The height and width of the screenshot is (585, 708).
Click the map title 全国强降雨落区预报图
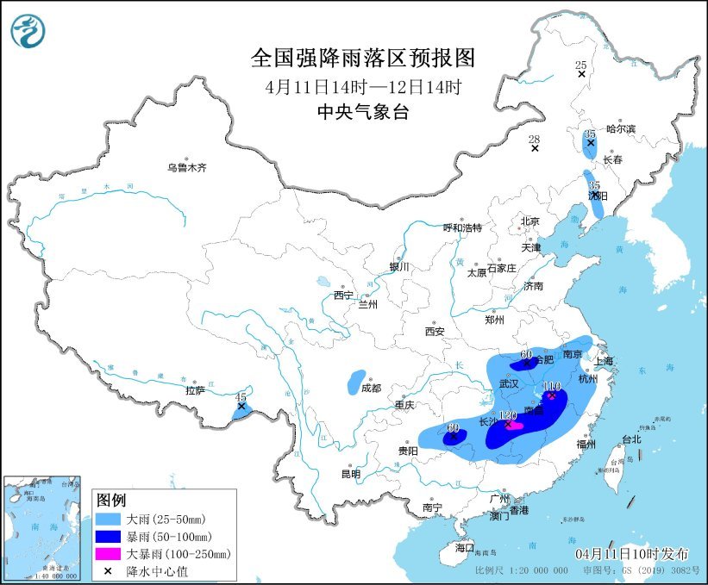coord(362,58)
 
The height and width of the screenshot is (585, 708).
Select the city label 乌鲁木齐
coord(187,167)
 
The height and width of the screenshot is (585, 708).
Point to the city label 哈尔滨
coord(620,128)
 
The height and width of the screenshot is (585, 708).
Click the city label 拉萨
coord(195,390)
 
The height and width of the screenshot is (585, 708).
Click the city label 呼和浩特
coord(462,227)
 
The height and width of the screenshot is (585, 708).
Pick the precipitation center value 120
coord(508,414)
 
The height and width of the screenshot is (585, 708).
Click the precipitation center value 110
coord(553,387)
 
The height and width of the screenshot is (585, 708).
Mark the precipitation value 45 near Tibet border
coord(241,396)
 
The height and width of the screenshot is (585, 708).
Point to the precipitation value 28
coord(534,139)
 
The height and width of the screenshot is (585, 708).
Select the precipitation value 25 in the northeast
coord(580,65)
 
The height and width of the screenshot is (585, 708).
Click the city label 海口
coord(465,547)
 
